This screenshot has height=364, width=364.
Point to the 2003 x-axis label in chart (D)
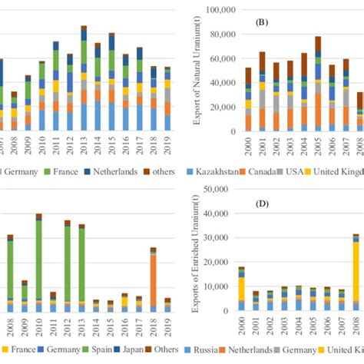[286, 327]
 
